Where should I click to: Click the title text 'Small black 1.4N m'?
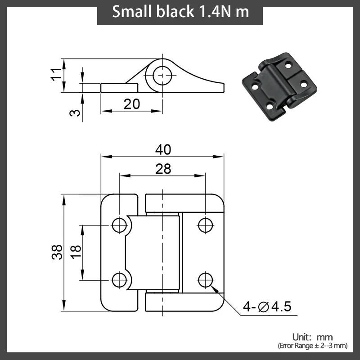[x=180, y=12]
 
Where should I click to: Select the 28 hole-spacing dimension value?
[x=163, y=169]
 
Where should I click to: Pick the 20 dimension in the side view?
[x=131, y=104]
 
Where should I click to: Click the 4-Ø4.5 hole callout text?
[x=267, y=307]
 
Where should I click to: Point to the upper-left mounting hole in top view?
[x=119, y=225]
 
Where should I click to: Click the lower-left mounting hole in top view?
[x=119, y=279]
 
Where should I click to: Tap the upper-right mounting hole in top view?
[x=205, y=225]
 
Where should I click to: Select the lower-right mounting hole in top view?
[x=205, y=279]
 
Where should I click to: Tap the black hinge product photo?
[x=274, y=81]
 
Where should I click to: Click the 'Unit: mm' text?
[x=312, y=337]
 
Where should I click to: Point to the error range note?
[x=312, y=346]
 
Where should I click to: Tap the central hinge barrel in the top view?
[x=153, y=252]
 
